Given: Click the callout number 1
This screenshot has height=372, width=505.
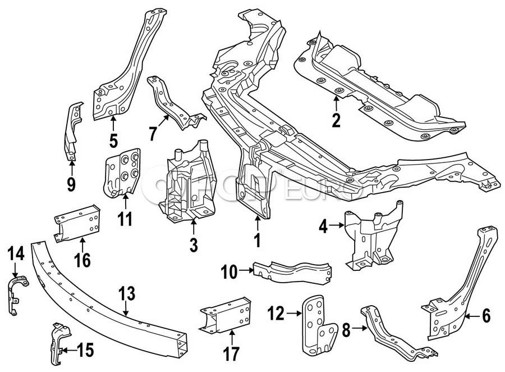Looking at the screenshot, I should [x=257, y=241].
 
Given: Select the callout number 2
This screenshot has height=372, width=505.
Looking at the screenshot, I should [x=336, y=120].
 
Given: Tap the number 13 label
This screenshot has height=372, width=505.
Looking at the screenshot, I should [x=127, y=293].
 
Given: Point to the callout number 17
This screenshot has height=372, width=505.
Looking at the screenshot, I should [x=231, y=355].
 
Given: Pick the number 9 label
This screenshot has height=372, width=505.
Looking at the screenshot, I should [x=71, y=184].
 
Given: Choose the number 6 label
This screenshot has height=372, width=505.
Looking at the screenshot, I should [x=485, y=316].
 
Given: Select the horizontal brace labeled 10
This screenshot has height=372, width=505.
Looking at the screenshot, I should [x=292, y=271].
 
